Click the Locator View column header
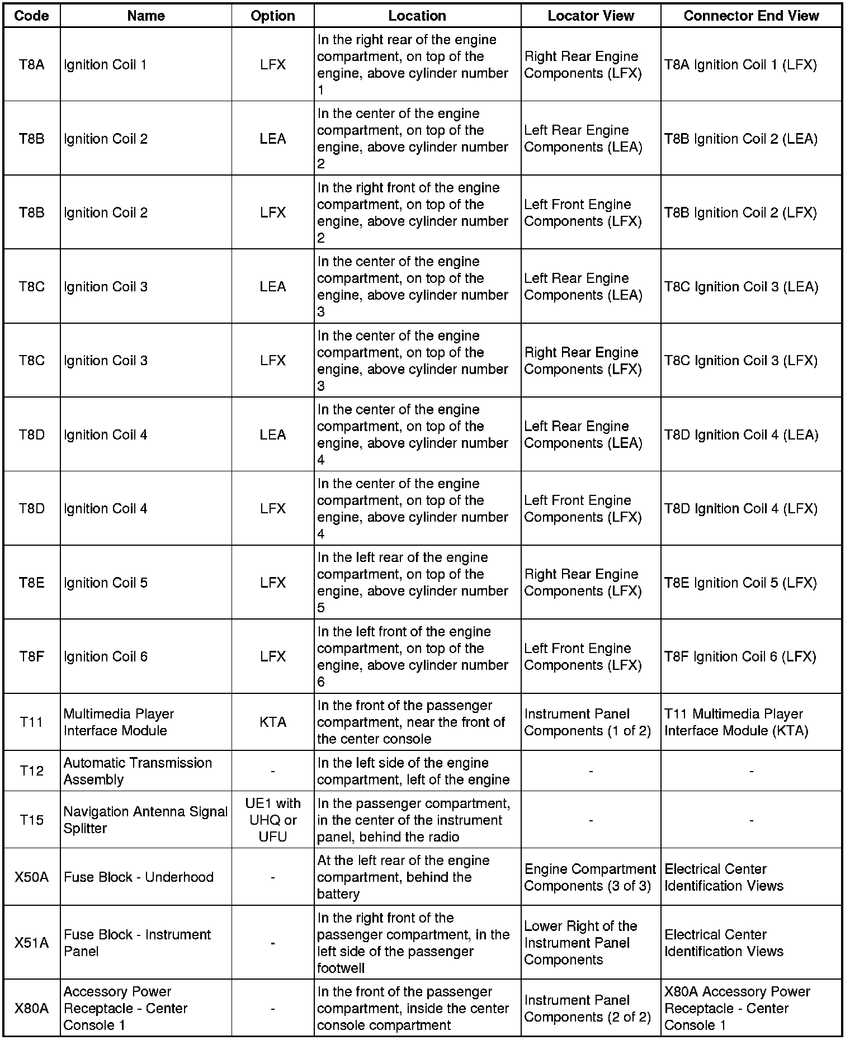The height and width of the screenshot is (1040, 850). pyautogui.click(x=591, y=16)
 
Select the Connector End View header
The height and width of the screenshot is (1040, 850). pyautogui.click(x=751, y=16)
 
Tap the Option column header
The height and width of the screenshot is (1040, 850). pyautogui.click(x=273, y=16)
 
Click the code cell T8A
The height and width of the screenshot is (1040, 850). pyautogui.click(x=31, y=64)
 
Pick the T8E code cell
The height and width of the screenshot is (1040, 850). pyautogui.click(x=31, y=583)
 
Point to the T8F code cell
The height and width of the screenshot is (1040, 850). pyautogui.click(x=31, y=656)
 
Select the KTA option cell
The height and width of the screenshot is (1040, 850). pyautogui.click(x=273, y=722)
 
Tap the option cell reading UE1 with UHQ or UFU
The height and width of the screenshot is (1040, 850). pyautogui.click(x=273, y=820)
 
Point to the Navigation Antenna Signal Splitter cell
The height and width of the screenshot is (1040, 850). pyautogui.click(x=145, y=820)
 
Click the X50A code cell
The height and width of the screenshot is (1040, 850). pyautogui.click(x=31, y=877)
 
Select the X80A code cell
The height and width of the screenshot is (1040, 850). pyautogui.click(x=31, y=1008)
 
